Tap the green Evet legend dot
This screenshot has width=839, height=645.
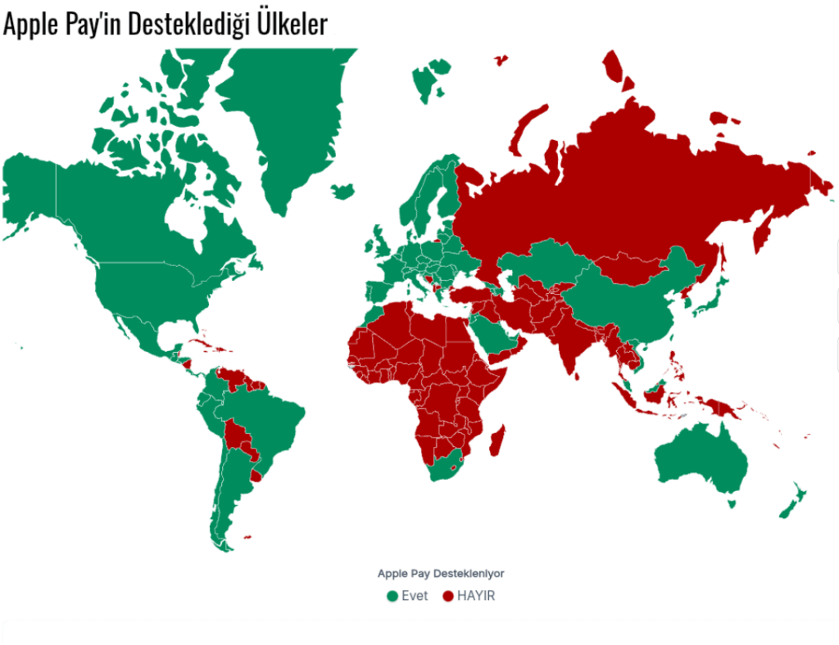pyautogui.click(x=392, y=596)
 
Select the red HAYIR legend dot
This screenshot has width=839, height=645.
pyautogui.click(x=447, y=596)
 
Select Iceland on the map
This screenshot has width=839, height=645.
pyautogui.click(x=343, y=191)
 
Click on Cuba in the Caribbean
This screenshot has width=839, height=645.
pyautogui.click(x=201, y=343)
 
